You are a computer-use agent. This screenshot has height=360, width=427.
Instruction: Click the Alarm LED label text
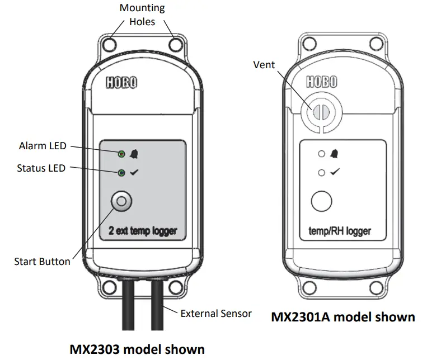(43, 146)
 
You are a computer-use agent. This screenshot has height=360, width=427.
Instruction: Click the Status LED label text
(41, 168)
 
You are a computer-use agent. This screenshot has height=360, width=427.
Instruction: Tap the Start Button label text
(43, 261)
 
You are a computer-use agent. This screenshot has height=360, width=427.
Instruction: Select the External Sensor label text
(216, 313)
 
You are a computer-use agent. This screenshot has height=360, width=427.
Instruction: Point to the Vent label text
(264, 65)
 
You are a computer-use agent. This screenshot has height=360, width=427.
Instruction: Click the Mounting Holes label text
(143, 15)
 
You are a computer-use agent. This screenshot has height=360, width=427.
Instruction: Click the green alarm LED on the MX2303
(121, 153)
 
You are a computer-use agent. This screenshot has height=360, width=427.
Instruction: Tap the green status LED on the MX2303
(121, 173)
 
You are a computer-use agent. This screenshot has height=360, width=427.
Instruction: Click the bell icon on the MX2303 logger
(134, 153)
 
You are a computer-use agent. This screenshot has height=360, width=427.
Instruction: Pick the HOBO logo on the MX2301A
(321, 82)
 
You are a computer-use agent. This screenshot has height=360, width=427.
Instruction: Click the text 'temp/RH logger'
(340, 230)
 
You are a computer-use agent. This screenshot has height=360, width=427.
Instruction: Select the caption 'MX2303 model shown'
(137, 349)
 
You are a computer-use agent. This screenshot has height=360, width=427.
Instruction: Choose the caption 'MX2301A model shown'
(343, 317)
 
